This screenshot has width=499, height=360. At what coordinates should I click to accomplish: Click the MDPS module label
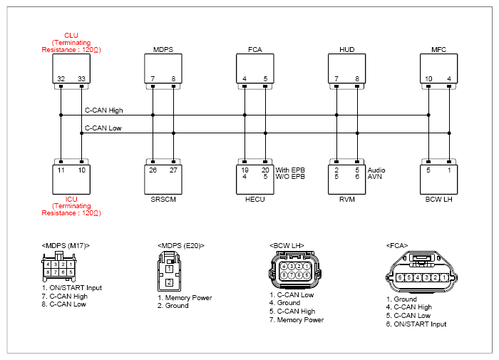pos(163,50)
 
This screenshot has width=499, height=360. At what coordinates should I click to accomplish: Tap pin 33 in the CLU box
pos(81,78)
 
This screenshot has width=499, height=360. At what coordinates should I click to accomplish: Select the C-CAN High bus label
pos(104,110)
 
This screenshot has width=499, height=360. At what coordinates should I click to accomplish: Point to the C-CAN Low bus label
pos(103,128)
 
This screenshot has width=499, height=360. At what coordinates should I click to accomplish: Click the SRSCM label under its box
pos(163,200)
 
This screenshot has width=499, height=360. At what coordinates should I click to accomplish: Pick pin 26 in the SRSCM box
pos(153,170)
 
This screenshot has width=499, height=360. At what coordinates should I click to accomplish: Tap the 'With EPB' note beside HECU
pos(290,170)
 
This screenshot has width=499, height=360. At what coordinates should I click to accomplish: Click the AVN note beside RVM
pos(374,177)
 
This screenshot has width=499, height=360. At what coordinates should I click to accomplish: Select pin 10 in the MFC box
pos(428,78)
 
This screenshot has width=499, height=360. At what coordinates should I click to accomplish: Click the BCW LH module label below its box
pos(438,200)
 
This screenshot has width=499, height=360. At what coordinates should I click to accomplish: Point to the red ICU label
pos(71,200)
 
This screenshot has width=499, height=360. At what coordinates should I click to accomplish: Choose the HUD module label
pos(347,50)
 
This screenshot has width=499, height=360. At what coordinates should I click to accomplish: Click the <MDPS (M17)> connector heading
pos(66,246)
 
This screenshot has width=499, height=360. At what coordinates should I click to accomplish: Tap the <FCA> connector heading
pos(397,246)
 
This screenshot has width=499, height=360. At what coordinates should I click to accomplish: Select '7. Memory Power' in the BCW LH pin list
pos(297,320)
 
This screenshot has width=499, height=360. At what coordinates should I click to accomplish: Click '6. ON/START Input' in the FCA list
pos(416,324)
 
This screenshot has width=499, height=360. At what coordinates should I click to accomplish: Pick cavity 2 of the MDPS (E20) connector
pos(169,282)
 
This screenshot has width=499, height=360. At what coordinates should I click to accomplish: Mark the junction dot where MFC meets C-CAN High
pos(428,115)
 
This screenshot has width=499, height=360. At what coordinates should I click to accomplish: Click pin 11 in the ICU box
pos(61,170)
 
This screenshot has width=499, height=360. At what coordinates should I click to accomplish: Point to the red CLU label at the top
pos(71,36)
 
